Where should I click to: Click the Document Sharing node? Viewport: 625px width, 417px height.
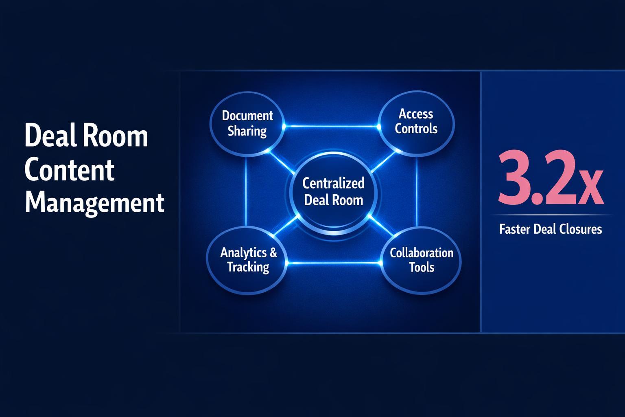point(247,123)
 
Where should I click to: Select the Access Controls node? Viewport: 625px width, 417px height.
point(416,121)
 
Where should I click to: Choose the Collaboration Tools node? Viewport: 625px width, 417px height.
point(421,260)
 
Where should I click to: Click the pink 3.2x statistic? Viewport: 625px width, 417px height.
point(550,179)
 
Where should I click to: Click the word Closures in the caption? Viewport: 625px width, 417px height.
point(580,229)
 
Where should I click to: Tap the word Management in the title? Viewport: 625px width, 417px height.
point(94,202)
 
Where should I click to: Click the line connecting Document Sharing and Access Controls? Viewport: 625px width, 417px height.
point(332,126)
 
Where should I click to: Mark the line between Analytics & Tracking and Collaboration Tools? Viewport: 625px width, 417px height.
point(334,263)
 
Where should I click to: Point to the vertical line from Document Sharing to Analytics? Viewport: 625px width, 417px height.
point(246,191)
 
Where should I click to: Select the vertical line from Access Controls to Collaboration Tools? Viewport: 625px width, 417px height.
point(417,191)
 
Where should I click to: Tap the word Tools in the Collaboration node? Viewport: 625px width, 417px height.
point(422,268)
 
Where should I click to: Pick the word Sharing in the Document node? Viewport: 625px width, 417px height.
point(247,131)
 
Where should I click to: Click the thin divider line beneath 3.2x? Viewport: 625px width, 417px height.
point(550,215)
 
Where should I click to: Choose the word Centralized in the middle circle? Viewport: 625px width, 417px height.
point(333,183)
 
